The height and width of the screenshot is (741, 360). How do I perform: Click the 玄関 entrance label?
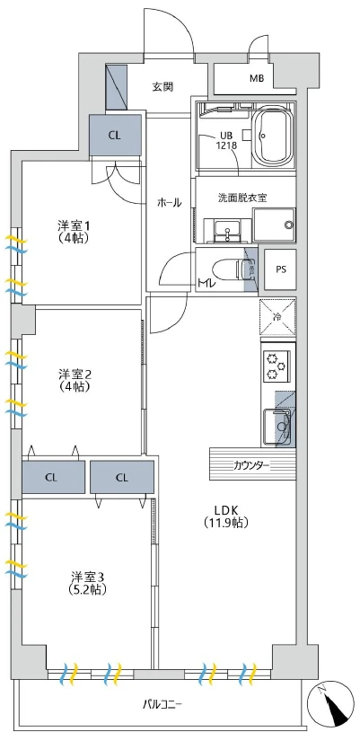click(x=162, y=86)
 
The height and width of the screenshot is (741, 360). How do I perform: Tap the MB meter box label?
click(x=257, y=79)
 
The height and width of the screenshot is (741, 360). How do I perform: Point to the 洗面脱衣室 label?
click(x=242, y=197)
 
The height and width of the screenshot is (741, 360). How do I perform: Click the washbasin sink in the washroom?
click(x=227, y=229)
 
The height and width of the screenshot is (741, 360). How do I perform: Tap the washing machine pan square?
click(x=274, y=225)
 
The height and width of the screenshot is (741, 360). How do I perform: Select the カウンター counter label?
click(x=251, y=464)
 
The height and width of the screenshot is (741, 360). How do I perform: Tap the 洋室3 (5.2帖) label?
click(x=89, y=583)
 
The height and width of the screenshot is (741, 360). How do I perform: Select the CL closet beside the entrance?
click(x=114, y=135)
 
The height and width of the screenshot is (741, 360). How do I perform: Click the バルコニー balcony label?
click(x=162, y=703)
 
